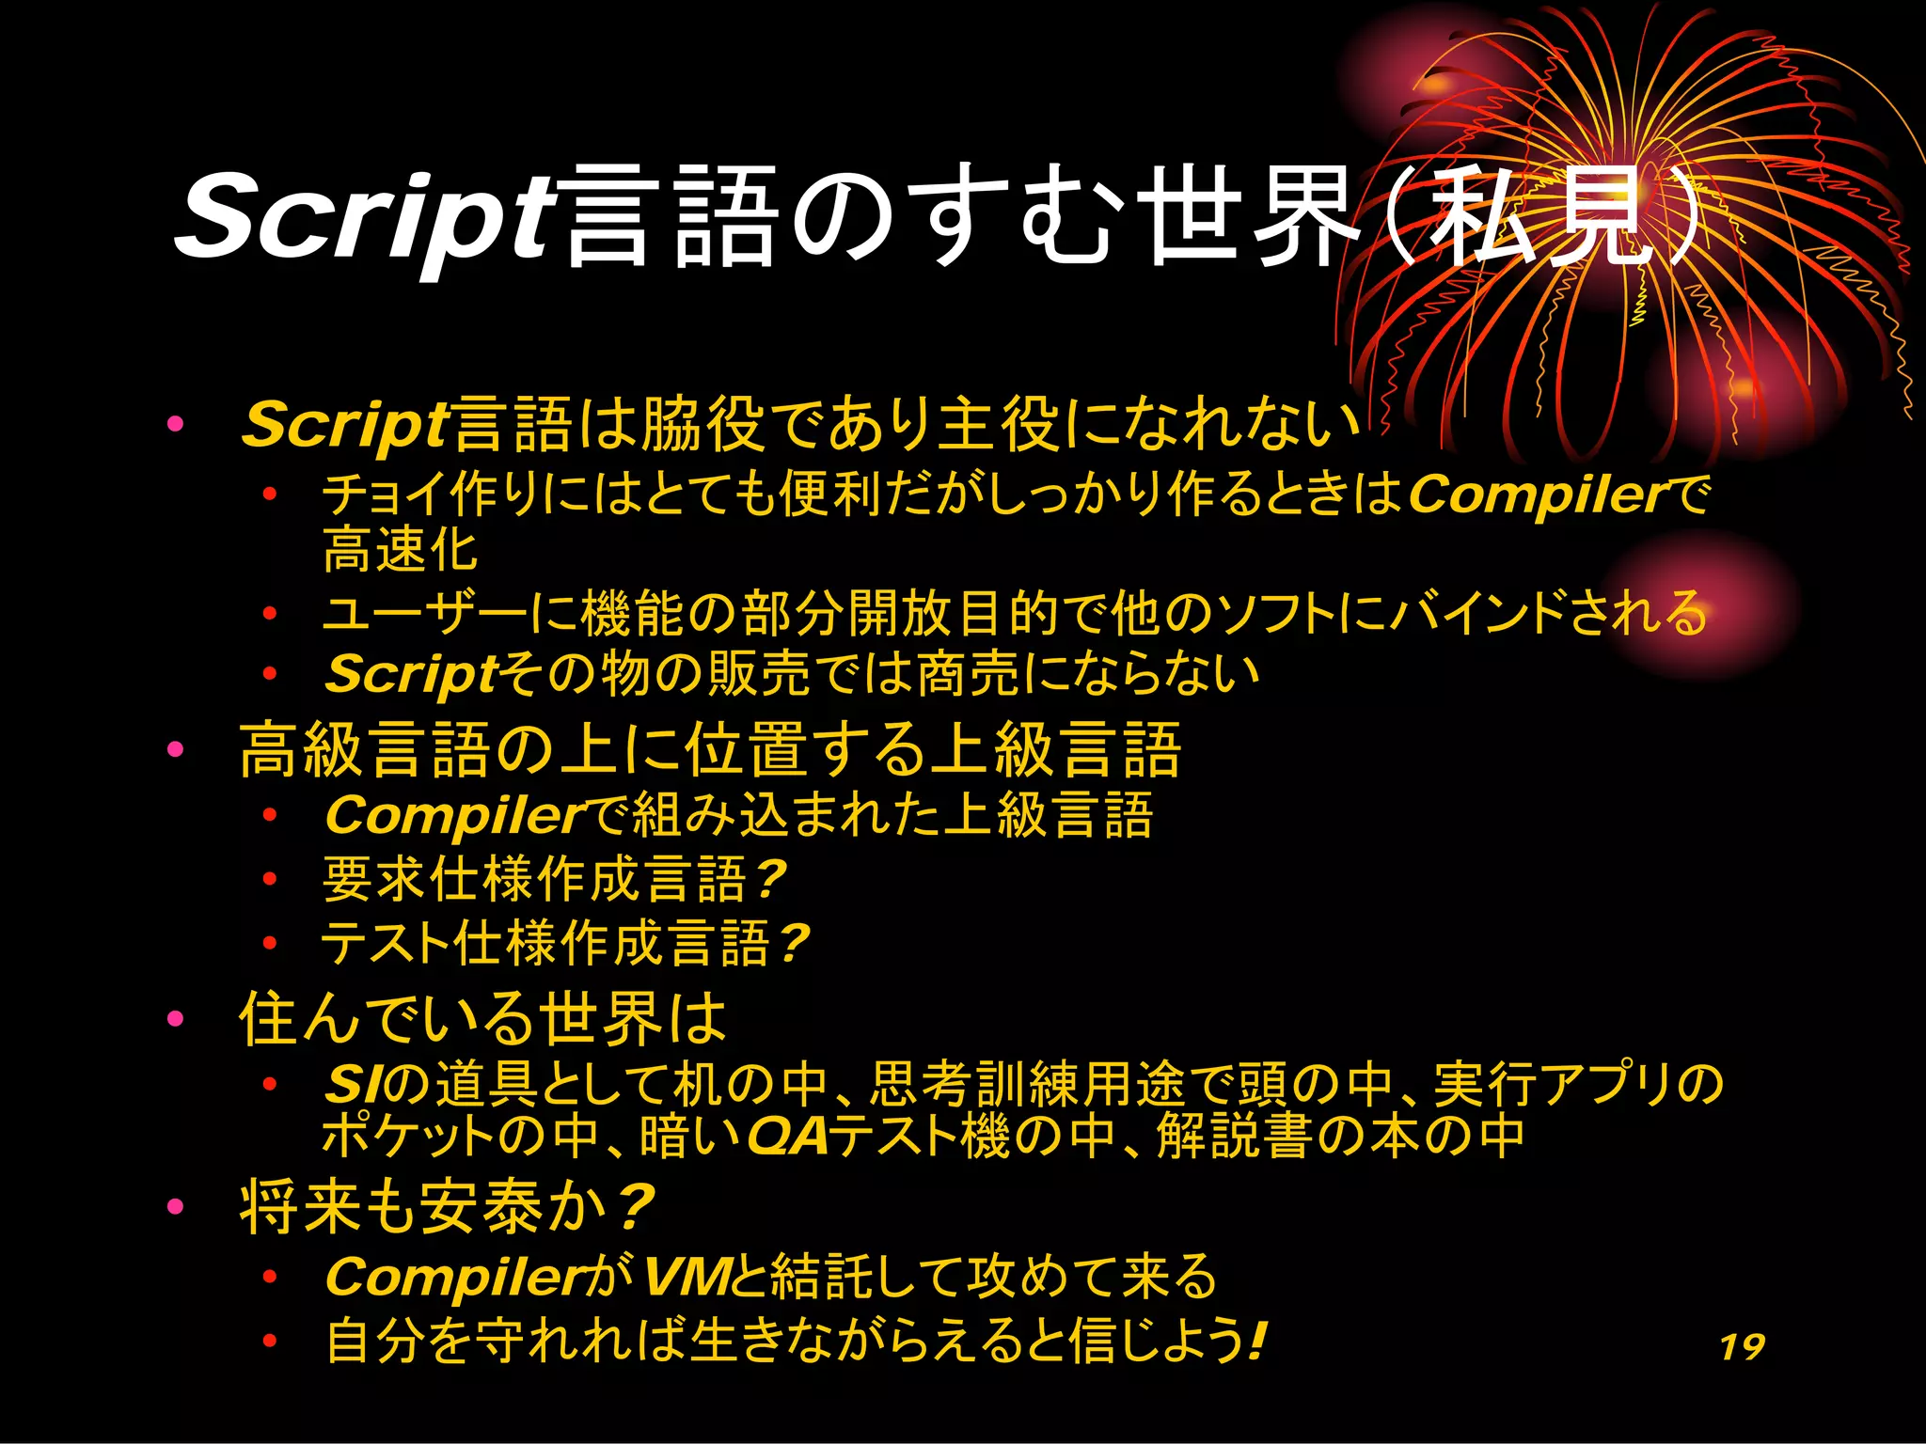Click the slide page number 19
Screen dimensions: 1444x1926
1742,1346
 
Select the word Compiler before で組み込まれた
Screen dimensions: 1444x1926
457,815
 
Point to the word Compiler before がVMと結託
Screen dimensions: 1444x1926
457,1278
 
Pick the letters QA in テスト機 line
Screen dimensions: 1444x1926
788,1136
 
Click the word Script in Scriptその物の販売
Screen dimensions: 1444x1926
411,674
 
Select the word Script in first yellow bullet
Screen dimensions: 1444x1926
344,425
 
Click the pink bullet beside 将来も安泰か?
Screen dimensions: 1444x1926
175,1206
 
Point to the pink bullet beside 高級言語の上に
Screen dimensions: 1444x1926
175,749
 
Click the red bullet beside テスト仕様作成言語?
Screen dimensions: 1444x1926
270,943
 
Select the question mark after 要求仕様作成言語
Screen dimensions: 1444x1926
770,879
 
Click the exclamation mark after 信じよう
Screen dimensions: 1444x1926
1257,1340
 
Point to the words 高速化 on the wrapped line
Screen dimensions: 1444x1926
400,551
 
